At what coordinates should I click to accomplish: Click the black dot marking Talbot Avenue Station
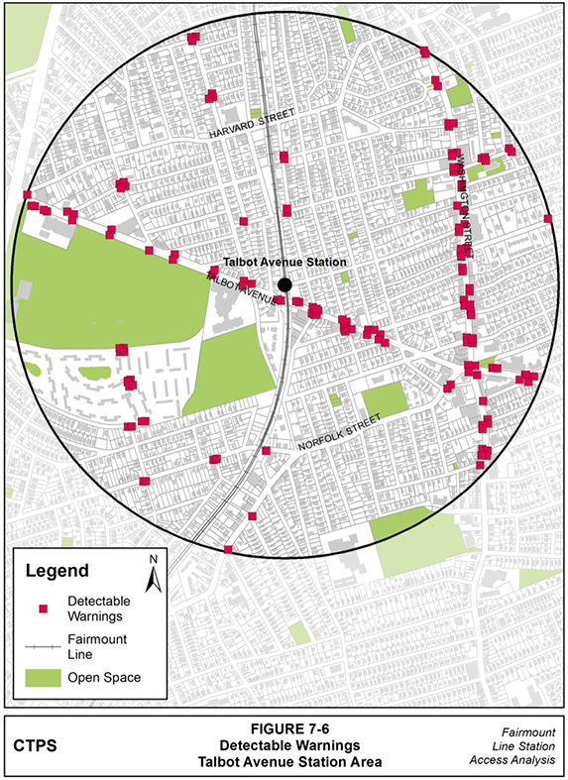pyautogui.click(x=284, y=285)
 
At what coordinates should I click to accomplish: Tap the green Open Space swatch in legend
pyautogui.click(x=43, y=678)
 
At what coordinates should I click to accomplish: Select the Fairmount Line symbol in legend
pyautogui.click(x=43, y=645)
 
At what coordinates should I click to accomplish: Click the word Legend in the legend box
pyautogui.click(x=57, y=572)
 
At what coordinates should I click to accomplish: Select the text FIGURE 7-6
pyautogui.click(x=284, y=726)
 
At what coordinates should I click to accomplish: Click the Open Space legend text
pyautogui.click(x=104, y=678)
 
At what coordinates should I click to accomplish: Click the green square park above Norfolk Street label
pyautogui.click(x=385, y=399)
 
